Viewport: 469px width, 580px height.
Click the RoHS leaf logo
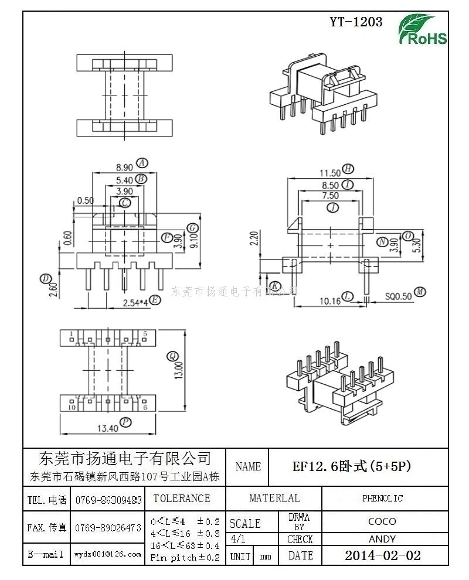tap(422, 29)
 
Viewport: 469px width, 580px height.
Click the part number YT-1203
tap(356, 22)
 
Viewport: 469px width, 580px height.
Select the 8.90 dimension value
tap(124, 166)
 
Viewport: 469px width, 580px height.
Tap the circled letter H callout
tap(348, 169)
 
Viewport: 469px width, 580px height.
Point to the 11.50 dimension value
tap(329, 172)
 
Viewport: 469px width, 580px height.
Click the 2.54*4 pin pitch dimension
tap(134, 302)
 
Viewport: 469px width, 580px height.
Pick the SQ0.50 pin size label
tap(399, 296)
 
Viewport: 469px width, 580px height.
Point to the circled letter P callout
tap(125, 422)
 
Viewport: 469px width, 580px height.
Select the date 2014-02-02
tap(382, 555)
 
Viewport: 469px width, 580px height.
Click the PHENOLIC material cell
tap(382, 499)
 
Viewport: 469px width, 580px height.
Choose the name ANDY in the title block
tap(382, 539)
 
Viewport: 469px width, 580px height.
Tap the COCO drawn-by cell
tap(382, 521)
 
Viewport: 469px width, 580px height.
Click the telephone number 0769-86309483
tap(108, 500)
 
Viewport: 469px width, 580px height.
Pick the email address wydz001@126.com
tap(108, 554)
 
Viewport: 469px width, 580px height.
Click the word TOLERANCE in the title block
tap(181, 499)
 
